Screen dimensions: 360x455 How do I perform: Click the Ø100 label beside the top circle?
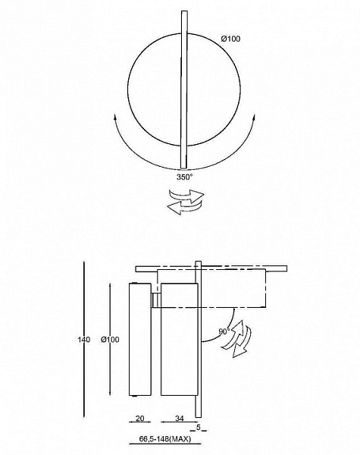click(x=230, y=39)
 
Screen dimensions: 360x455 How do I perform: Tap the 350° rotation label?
click(x=185, y=177)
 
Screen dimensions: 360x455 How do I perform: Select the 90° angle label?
click(x=224, y=331)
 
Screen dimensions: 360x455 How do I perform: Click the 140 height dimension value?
click(x=84, y=339)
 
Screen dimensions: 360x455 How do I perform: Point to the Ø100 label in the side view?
click(x=110, y=339)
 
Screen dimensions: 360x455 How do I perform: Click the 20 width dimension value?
click(x=139, y=418)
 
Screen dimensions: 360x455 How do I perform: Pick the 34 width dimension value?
click(x=180, y=418)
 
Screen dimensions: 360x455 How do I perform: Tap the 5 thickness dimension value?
click(x=199, y=427)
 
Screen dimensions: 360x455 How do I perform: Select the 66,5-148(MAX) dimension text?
click(x=165, y=439)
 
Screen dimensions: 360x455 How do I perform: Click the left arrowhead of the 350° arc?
click(x=115, y=118)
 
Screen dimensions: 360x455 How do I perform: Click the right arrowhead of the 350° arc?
click(x=254, y=118)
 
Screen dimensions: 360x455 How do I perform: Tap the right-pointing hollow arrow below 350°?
click(x=187, y=195)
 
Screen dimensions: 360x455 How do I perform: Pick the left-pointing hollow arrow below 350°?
click(x=184, y=207)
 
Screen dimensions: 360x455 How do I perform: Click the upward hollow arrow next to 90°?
click(x=234, y=334)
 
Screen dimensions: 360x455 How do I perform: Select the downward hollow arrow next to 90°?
click(x=243, y=343)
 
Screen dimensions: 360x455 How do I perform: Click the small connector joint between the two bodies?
click(x=156, y=300)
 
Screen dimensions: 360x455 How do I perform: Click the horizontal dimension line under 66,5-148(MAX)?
click(x=164, y=444)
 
